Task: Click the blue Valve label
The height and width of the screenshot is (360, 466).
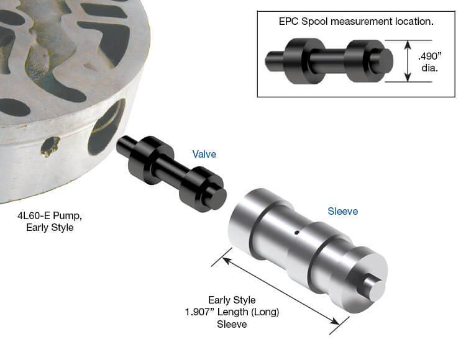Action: coord(204,154)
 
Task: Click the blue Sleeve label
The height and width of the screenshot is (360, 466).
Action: coord(342,211)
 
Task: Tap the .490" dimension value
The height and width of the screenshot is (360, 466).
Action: coord(430,56)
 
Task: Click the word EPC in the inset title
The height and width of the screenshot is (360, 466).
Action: coord(289,21)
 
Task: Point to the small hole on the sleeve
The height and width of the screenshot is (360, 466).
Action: coord(296,233)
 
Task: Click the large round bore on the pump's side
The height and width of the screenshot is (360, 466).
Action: coord(106,128)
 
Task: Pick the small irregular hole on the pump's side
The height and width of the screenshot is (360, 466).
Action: coord(50,146)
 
